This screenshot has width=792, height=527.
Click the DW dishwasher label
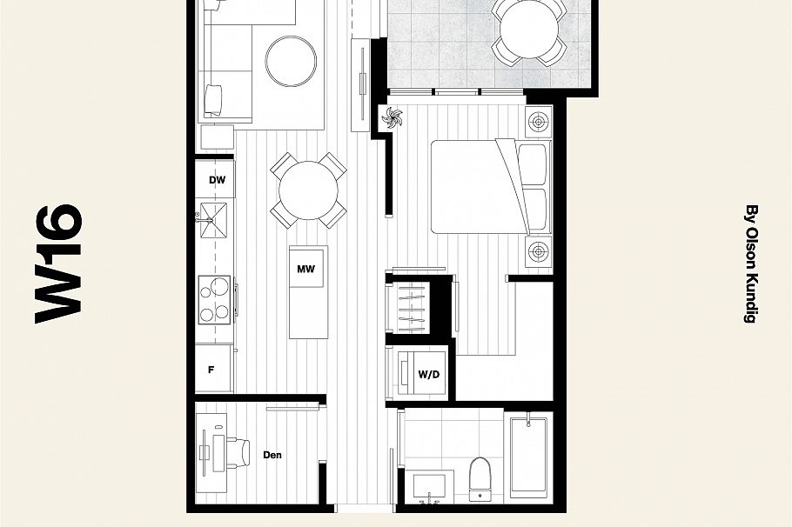217,180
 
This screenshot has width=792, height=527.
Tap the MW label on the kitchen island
305,270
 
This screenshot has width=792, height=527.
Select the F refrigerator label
211,369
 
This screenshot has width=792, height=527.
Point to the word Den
272,455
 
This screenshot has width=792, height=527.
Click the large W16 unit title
59,263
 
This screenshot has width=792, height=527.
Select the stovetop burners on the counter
215,298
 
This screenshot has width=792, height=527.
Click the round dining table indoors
308,190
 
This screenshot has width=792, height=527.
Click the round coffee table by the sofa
291,61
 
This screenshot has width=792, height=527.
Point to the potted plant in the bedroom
393,118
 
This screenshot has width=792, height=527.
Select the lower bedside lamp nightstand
540,252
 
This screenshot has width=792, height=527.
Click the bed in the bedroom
479,186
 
